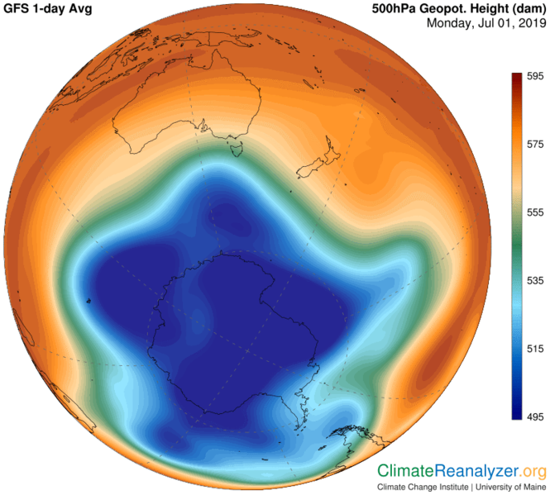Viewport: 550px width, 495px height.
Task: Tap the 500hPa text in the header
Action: (392, 8)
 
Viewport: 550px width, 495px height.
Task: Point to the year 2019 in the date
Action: (525, 23)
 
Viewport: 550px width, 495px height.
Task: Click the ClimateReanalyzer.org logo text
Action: (462, 472)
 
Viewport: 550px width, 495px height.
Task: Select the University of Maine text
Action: (510, 487)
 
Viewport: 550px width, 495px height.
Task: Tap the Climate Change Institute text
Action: (421, 487)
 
